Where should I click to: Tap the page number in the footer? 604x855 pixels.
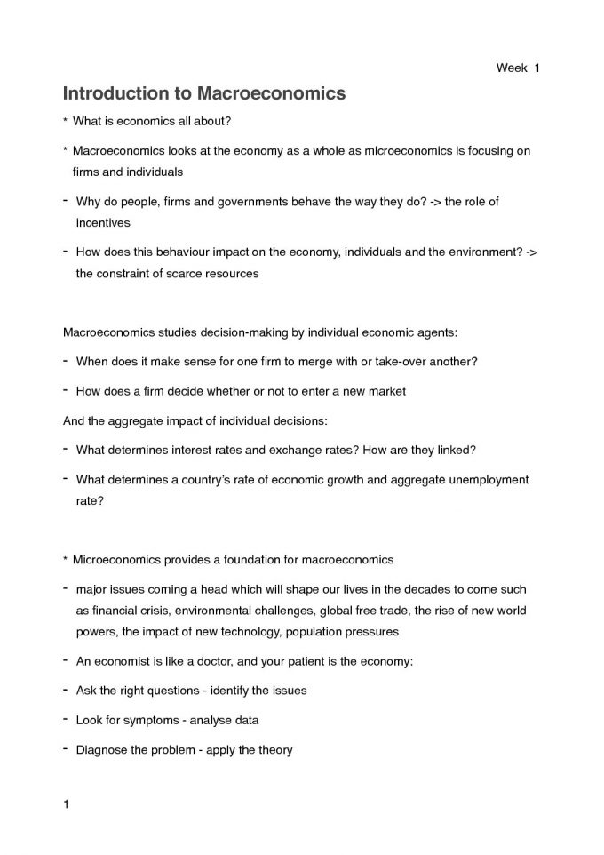pos(66,805)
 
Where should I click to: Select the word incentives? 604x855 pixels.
pos(103,222)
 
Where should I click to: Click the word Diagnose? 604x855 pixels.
pos(103,750)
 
